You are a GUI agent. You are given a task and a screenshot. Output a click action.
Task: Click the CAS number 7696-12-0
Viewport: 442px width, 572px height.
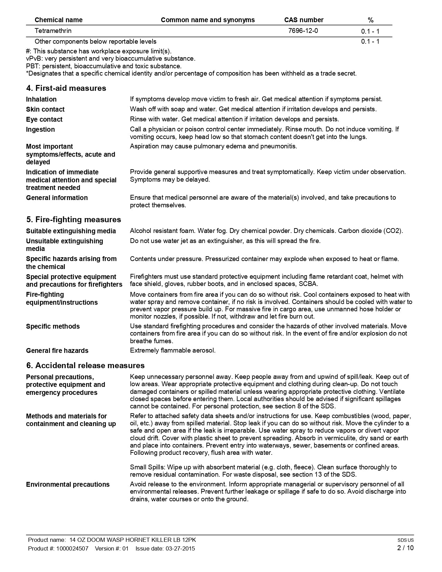coord(303,31)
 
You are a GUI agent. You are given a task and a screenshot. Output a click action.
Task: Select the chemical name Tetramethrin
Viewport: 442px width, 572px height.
coord(53,31)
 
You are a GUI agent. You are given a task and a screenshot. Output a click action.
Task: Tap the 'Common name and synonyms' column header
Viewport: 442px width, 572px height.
coord(208,20)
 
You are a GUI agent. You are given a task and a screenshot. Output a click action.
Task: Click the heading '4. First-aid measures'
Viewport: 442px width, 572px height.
coord(66,88)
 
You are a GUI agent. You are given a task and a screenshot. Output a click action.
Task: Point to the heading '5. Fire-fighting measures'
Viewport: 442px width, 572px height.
coord(73,219)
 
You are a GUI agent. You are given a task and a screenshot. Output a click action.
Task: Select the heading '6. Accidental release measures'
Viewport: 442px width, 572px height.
coord(85,365)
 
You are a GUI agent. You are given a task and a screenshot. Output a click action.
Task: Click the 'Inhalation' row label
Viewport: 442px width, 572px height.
coord(41,99)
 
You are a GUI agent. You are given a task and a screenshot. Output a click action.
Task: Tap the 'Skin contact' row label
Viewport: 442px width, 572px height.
coord(45,109)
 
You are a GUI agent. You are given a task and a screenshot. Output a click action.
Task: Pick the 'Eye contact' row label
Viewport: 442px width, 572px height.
coord(44,119)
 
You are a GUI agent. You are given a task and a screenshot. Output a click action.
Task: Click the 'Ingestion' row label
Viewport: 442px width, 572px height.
coord(40,129)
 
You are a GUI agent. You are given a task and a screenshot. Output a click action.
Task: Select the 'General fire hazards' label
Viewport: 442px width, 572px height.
coord(57,350)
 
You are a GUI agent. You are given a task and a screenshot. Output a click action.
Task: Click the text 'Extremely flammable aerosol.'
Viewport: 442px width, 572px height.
coord(173,350)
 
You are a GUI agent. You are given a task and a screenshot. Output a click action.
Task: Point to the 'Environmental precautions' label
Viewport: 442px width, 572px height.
coord(68,484)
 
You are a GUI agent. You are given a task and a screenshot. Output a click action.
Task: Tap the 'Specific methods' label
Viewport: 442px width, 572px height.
coord(53,326)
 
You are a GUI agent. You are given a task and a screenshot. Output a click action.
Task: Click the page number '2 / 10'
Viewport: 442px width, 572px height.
coord(405,548)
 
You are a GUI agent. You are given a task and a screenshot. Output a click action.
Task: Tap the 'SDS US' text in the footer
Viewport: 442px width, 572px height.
coord(406,540)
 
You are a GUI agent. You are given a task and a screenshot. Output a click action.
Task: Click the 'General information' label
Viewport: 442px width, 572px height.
coord(57,198)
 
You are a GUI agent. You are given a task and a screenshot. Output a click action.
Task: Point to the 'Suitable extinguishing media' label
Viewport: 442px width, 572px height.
coord(71,231)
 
